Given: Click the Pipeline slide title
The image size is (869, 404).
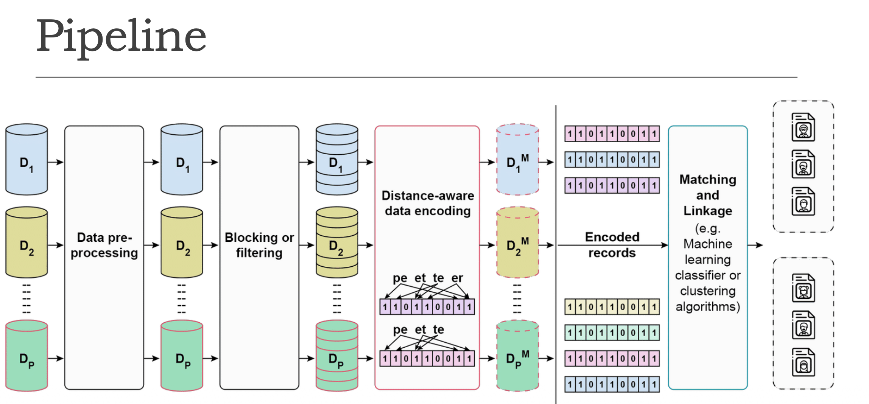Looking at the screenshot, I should point(121,36).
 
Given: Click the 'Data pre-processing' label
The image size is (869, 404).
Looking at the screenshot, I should point(104,245).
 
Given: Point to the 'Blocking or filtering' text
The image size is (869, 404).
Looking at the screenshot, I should point(259,245).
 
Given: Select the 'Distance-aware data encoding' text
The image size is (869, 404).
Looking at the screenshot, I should point(428,203).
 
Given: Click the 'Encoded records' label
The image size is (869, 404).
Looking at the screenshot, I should point(612,245).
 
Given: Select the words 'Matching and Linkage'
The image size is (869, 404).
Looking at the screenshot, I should point(708,195).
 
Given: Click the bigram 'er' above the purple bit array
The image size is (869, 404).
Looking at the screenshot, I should point(457,278).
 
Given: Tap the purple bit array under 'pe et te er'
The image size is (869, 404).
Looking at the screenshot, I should point(427,307).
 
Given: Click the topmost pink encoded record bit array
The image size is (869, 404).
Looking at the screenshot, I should point(612,134).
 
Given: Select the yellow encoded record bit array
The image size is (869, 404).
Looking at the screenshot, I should point(612,307).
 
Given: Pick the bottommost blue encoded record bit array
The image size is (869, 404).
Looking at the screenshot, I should point(612,384).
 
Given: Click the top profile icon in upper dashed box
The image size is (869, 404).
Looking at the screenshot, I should point(803,127).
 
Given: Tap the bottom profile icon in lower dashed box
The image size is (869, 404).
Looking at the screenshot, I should point(803,362).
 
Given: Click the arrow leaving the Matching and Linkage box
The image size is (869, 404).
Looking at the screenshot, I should point(755,245).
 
